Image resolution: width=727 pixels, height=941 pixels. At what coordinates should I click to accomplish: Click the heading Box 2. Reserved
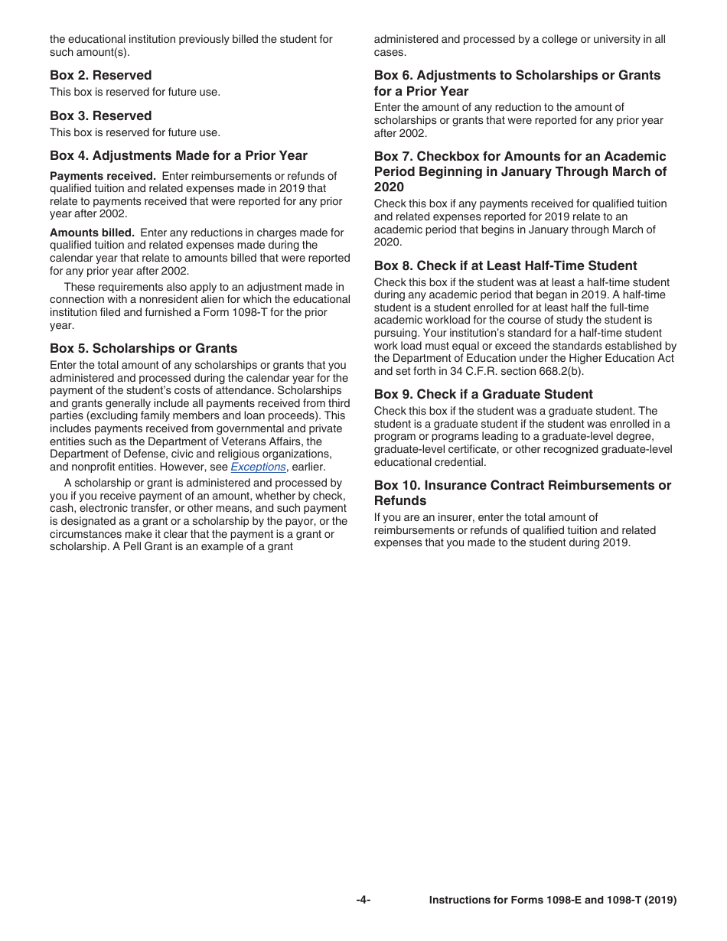[100, 75]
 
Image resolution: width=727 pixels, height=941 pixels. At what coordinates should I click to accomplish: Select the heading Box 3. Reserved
[100, 116]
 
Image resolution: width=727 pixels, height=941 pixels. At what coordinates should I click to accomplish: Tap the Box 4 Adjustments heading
[178, 156]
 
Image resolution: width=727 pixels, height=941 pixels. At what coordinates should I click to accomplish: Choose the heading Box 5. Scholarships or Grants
[143, 348]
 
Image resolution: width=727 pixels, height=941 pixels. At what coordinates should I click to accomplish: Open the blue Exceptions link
[258, 467]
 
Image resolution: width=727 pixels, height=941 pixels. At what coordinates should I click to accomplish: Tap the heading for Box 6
[517, 83]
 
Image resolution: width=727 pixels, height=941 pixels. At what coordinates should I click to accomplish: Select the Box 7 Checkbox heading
[520, 171]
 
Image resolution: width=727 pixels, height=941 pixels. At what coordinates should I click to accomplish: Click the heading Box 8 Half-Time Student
[505, 265]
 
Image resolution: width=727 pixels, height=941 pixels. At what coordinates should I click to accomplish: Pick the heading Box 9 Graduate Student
[483, 394]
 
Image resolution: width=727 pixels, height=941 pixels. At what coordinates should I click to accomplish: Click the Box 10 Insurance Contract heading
[522, 493]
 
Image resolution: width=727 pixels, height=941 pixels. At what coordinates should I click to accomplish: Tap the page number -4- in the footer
[363, 900]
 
